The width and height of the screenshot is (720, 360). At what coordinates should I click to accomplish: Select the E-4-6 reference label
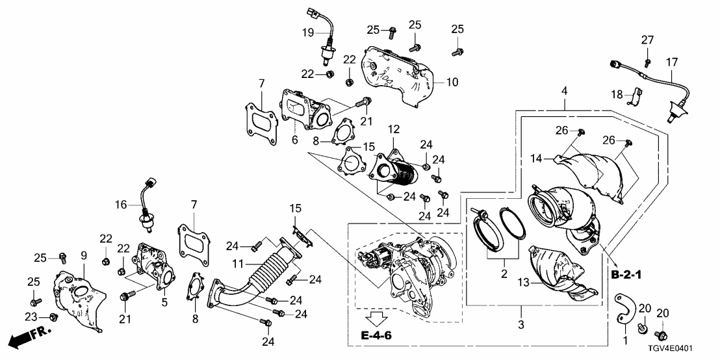pos(376,335)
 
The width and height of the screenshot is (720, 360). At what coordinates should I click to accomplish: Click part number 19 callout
pos(307,31)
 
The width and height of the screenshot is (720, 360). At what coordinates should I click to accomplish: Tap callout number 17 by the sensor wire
pos(672,62)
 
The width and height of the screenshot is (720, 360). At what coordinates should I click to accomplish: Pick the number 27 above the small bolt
pos(647,40)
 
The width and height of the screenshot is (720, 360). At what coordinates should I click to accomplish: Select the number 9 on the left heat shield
pos(83,255)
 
